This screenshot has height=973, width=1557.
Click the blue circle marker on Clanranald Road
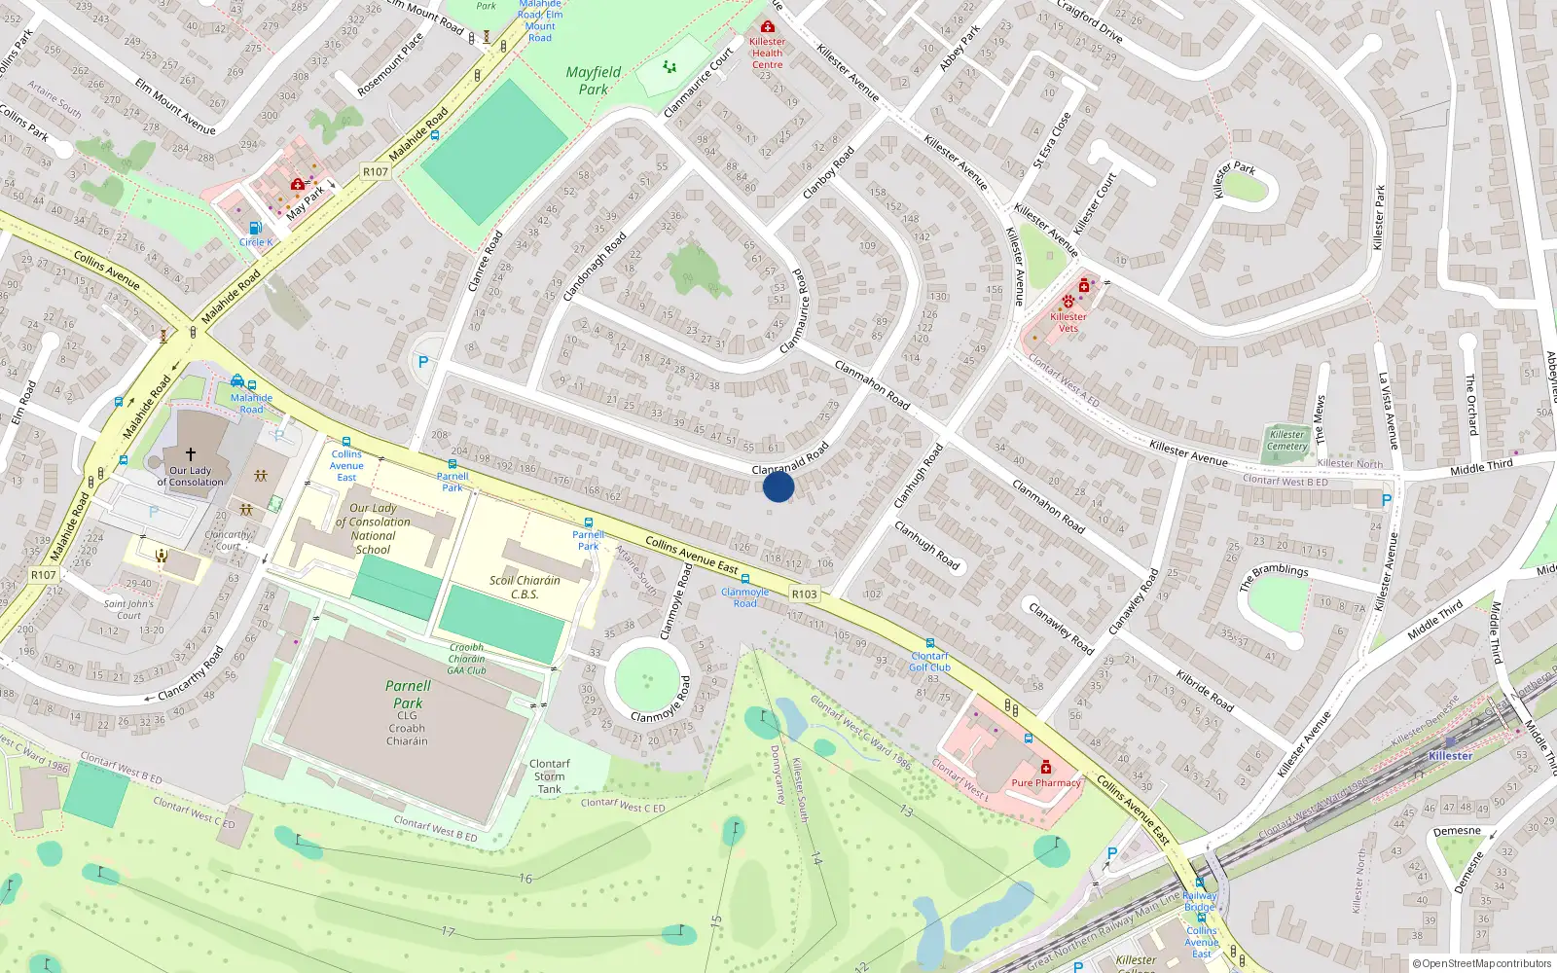pos(778,486)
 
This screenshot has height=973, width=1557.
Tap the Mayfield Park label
pos(593,81)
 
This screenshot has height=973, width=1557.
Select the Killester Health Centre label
pos(767,53)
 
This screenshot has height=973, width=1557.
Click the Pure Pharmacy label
pos(1046,782)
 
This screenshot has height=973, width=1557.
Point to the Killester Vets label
pos(1068,322)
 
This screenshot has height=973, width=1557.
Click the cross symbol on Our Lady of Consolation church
pos(191,454)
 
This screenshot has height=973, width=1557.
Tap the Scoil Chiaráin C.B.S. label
pos(525,587)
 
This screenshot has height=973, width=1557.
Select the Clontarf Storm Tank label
pos(550,776)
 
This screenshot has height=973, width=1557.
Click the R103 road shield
pos(804,594)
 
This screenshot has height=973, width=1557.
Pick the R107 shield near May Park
pos(376,172)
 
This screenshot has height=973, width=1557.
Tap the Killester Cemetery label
pos(1287,441)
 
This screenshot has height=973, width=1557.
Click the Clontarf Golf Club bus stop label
pos(929,662)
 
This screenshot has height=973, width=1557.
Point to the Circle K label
pos(256,242)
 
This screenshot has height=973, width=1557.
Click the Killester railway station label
pos(1450,756)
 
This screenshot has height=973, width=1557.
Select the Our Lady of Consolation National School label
pos(373,528)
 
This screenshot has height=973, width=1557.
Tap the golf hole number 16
pos(525,878)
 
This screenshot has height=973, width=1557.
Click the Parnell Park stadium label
pos(408,694)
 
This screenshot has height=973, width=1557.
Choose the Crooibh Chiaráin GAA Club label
pos(467,659)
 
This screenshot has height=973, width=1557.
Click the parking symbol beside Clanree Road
pos(423,362)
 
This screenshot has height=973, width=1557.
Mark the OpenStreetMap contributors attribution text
pos(1482,963)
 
